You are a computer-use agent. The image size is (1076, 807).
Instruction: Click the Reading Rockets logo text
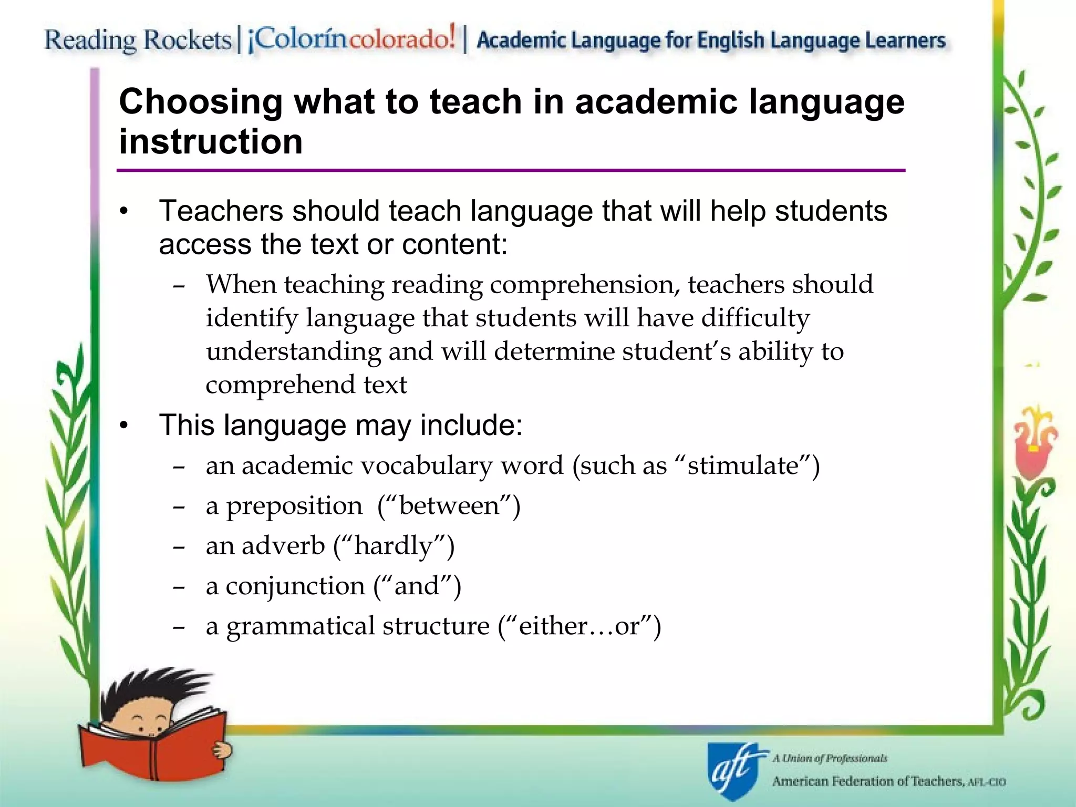(138, 40)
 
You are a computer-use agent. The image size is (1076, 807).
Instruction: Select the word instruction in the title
(211, 142)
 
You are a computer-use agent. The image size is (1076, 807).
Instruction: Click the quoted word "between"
(449, 505)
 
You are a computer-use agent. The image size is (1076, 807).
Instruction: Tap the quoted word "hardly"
(394, 546)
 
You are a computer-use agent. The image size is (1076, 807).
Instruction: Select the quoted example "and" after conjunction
(417, 586)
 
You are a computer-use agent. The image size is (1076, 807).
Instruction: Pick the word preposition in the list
(294, 506)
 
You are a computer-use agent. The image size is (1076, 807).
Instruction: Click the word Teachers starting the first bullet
(221, 211)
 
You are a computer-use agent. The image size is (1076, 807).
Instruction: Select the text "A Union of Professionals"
(830, 758)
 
